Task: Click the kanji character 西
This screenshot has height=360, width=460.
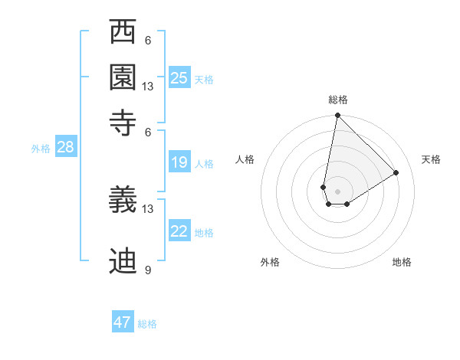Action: [123, 32]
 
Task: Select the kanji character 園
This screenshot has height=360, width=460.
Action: [123, 76]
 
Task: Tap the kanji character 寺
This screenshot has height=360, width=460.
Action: [123, 121]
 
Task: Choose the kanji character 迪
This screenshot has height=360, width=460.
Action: [123, 261]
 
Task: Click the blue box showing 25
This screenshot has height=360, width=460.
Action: [179, 78]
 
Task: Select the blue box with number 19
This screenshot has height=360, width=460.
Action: [179, 162]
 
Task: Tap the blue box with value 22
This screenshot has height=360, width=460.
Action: [179, 231]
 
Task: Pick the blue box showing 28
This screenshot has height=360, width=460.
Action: [65, 148]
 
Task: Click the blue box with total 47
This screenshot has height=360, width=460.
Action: [123, 322]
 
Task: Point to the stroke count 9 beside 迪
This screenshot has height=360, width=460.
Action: [148, 270]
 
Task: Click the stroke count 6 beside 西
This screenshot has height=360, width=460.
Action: [148, 41]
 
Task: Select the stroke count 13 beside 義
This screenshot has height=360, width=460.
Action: [148, 208]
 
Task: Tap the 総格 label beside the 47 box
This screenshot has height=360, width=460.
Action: [147, 324]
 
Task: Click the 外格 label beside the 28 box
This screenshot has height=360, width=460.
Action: [41, 149]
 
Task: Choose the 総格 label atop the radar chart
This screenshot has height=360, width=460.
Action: [337, 100]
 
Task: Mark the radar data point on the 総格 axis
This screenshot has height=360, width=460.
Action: [337, 116]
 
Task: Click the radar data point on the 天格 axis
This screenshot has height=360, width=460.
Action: [396, 172]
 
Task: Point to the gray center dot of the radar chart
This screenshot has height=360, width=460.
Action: [337, 191]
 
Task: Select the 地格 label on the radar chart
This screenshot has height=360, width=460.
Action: [402, 262]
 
